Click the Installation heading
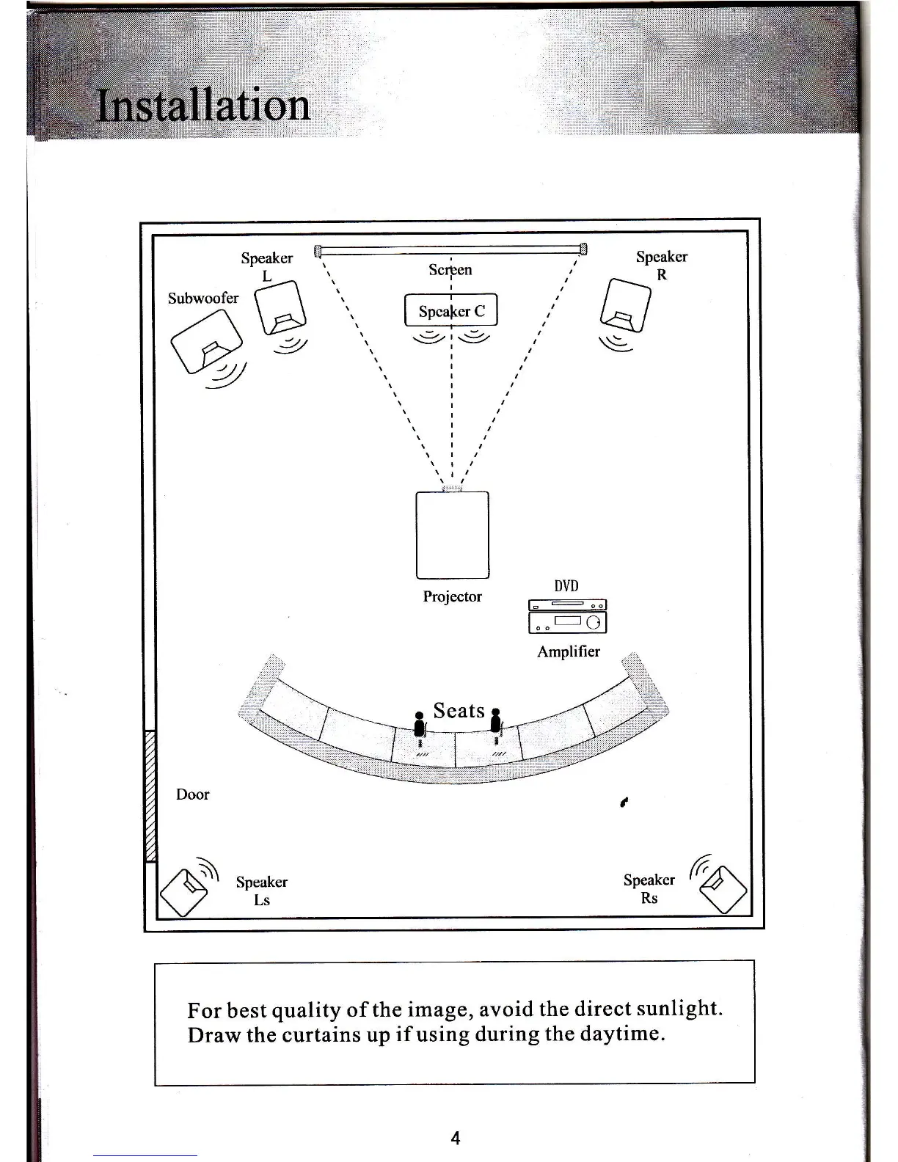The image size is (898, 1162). [x=203, y=106]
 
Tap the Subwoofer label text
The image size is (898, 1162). [x=202, y=298]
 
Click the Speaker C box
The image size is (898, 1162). [x=451, y=310]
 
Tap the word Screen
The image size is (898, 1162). [x=450, y=270]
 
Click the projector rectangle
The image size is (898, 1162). [x=453, y=535]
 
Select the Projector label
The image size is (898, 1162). [x=452, y=596]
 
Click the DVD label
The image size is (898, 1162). [x=566, y=586]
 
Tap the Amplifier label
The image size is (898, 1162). [x=568, y=651]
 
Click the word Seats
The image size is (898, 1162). [x=459, y=710]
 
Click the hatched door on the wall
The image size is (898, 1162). [x=150, y=795]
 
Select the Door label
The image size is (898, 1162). [x=192, y=794]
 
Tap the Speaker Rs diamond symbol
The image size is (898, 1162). [x=723, y=889]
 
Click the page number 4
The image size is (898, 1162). [x=456, y=1139]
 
